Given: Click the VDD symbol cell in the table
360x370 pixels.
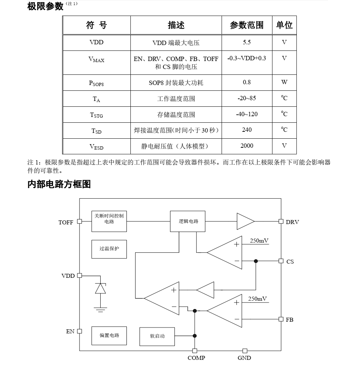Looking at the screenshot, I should pos(96,42).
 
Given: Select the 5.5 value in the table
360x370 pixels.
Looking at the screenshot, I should pos(247,42).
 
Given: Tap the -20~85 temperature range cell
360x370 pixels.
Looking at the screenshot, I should pos(247,98).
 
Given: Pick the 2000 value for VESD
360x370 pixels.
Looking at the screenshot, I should pos(247,146).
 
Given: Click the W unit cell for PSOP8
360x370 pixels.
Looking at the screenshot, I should pos(284,82).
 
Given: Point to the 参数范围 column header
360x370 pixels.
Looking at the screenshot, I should pos(247,25).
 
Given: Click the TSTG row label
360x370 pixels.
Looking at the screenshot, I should pos(96,115).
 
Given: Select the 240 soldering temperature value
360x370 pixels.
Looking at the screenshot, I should pos(247,130).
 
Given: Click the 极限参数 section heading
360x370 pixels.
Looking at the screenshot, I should pos(45,6).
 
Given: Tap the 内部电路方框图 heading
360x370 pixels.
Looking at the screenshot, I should pos(59,184).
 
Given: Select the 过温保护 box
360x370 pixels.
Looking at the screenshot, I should pos(109,249).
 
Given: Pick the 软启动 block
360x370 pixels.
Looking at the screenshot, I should pos(157,336).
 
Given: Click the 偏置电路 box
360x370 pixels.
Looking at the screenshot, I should pos(109,335).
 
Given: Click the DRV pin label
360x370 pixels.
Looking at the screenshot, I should pos(292,222).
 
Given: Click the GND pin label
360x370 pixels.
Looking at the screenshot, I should pos(244,358).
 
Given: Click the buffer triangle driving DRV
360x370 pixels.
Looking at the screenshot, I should pos(245,221).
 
